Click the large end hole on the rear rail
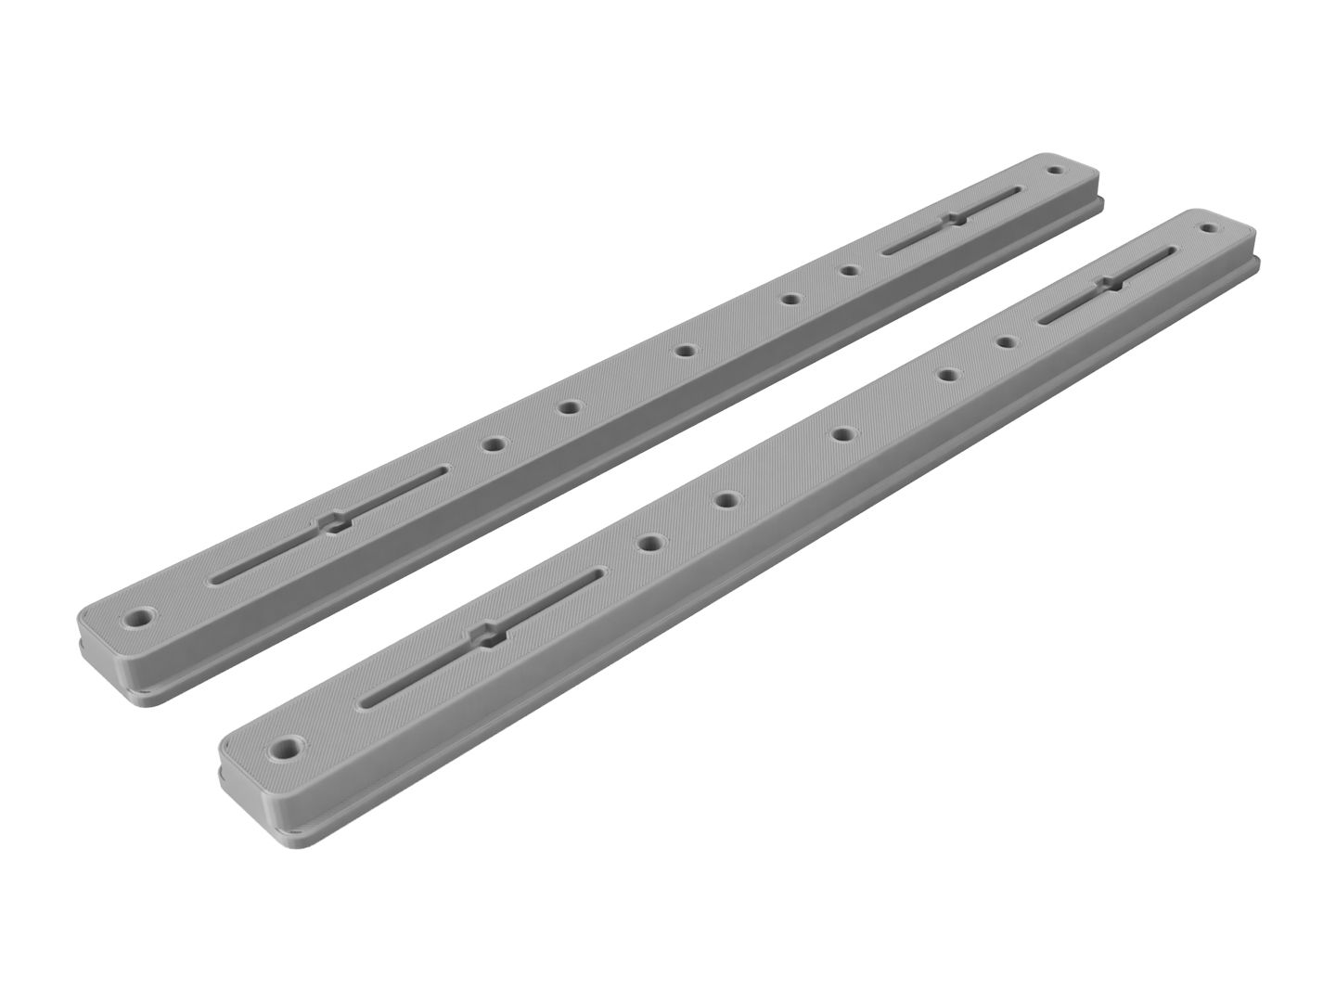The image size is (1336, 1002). pyautogui.click(x=142, y=616)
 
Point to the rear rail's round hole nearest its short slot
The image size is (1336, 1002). pyautogui.click(x=847, y=271)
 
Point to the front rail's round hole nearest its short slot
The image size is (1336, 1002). pyautogui.click(x=1005, y=342)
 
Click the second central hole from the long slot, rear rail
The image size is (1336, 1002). pyautogui.click(x=568, y=407)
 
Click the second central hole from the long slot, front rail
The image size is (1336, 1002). pyautogui.click(x=726, y=499)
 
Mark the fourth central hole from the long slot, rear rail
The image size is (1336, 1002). pyautogui.click(x=790, y=299)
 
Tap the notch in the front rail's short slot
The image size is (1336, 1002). pyautogui.click(x=1108, y=283)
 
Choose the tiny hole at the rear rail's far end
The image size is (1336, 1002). pyautogui.click(x=1053, y=171)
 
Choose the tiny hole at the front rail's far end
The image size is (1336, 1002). pyautogui.click(x=1209, y=226)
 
